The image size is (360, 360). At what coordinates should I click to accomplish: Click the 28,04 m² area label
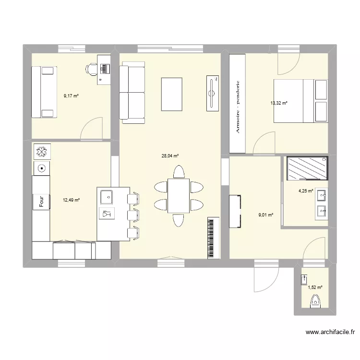(x=170, y=156)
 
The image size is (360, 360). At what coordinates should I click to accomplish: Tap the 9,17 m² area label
(x=71, y=96)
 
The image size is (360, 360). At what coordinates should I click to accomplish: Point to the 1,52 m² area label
(x=315, y=288)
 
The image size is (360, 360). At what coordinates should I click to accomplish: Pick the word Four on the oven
(x=41, y=201)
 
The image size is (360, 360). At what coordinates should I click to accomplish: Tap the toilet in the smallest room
(x=315, y=301)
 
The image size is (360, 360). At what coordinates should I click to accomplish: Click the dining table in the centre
(x=179, y=195)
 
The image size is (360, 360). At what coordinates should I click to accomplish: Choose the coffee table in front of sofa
(x=172, y=94)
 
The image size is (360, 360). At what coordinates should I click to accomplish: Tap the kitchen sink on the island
(x=106, y=196)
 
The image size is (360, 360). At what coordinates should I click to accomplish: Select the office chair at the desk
(x=91, y=69)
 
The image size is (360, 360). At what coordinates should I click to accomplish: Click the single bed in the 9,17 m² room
(x=44, y=92)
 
